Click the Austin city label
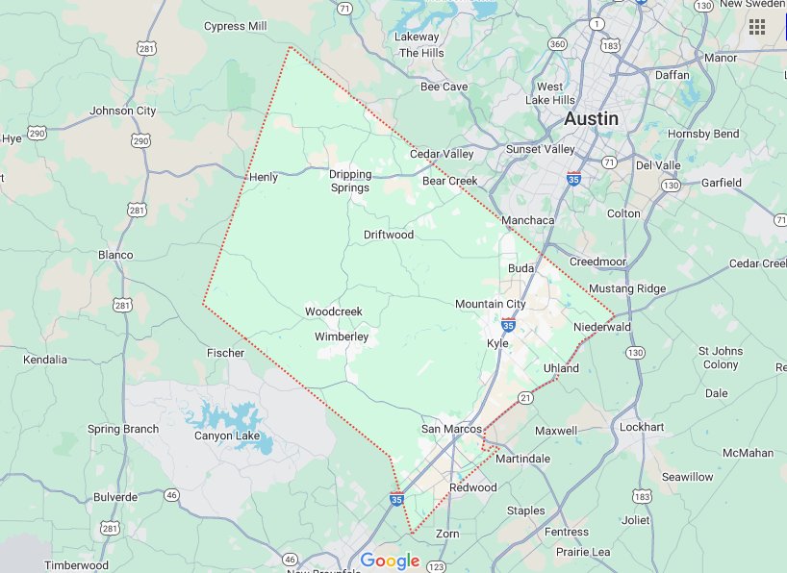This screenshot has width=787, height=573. pos(591,118)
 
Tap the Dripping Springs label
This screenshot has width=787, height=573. pos(349,181)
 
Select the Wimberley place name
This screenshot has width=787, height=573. pos(342,336)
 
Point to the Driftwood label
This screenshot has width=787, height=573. pos(389,235)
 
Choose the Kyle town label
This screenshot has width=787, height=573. pos(497,343)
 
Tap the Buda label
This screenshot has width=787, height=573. pos(520,268)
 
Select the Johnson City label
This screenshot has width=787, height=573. pos(122,111)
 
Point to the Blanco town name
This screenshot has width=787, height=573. pos(115,255)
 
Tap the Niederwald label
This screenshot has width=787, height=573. pos(602,327)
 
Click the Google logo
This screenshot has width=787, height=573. pos(390,561)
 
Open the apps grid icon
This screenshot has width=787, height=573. pos(757,27)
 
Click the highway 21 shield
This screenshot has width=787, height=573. pos(526,398)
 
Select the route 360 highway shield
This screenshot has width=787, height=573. pos(557,44)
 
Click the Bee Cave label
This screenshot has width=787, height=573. pos(444,87)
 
